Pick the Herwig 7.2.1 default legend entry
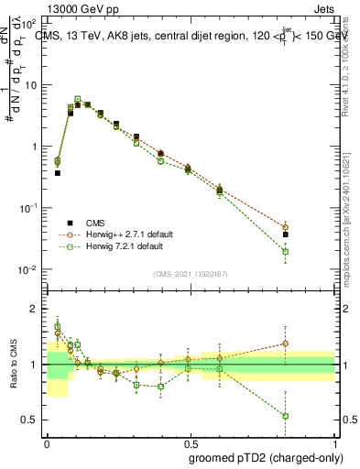120,246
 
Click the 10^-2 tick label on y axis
29,270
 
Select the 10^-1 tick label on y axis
29,209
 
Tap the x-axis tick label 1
333,442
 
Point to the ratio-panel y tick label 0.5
33,420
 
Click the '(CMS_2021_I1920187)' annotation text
191,274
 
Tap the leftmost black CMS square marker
58,172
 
